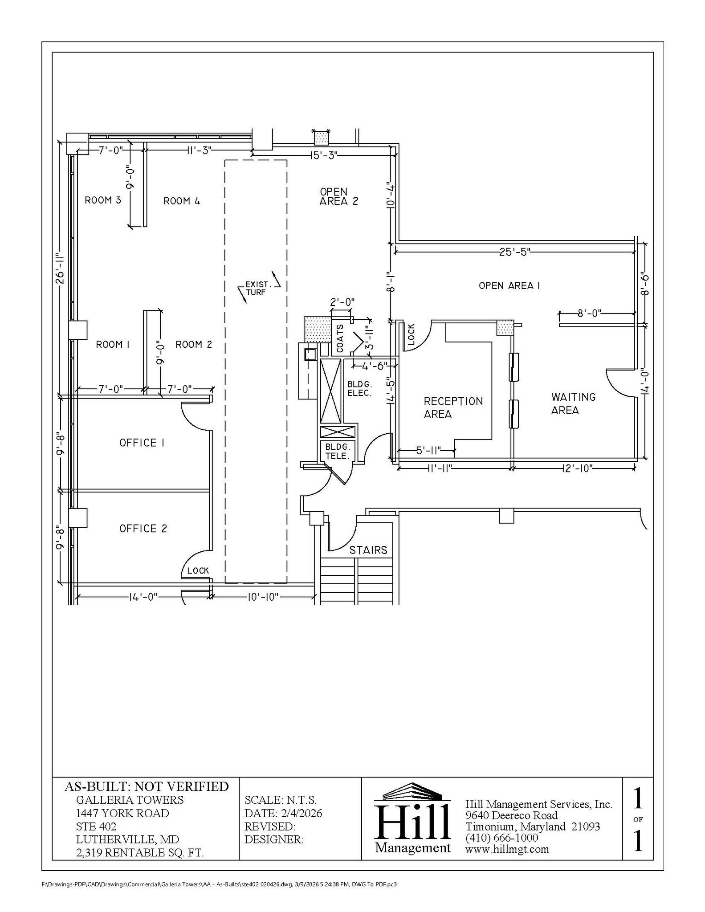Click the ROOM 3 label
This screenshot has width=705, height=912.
coord(103,200)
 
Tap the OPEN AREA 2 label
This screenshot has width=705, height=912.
coord(338,196)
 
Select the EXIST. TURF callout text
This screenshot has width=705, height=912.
coord(257,288)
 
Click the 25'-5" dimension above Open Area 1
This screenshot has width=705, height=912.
coord(513,252)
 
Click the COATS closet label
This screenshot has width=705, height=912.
coord(340,338)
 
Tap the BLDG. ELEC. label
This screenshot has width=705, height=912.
coord(359,388)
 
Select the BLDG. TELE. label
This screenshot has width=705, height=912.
coord(338,451)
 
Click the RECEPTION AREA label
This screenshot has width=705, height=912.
coord(453,407)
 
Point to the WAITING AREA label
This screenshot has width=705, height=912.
coord(573,403)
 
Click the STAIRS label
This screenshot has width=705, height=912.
coord(368,550)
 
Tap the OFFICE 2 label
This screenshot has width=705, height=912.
coord(143,529)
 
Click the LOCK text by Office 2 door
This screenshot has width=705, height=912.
coord(198,571)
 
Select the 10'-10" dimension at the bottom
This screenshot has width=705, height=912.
coord(263,597)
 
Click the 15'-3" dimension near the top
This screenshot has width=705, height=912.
coord(324,155)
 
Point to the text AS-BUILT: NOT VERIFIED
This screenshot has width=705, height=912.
coord(147,786)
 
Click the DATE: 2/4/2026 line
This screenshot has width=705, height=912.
coord(283,813)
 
